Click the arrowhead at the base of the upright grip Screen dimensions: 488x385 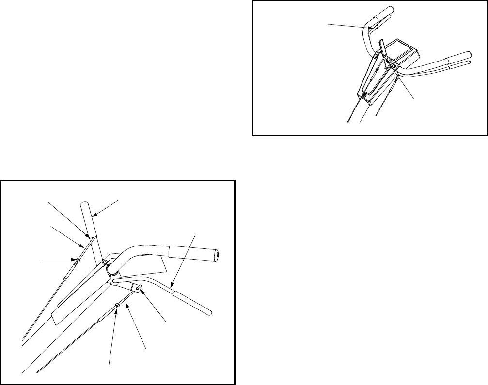pyautogui.click(x=89, y=237)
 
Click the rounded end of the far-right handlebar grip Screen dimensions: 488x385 pyautogui.click(x=470, y=55)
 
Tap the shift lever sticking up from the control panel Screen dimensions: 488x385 pyautogui.click(x=384, y=50)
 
